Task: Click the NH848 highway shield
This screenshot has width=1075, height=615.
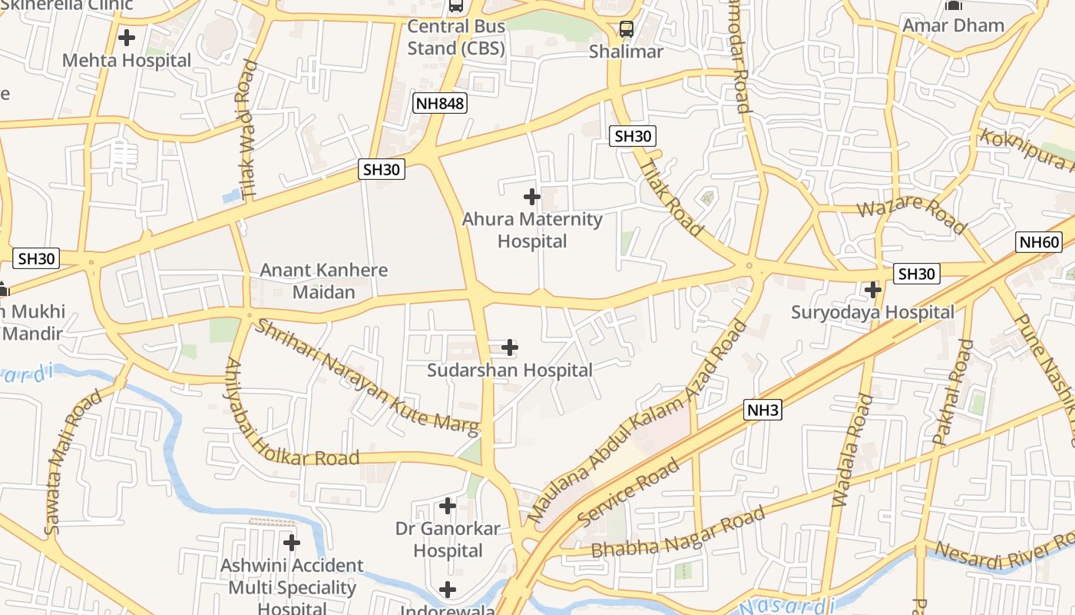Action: point(440,103)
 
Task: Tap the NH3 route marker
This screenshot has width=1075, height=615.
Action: point(762,411)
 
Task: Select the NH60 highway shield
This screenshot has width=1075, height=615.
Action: point(1039,243)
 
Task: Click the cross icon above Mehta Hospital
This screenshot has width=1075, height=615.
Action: point(127,37)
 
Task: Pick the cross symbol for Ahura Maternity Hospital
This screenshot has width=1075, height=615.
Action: point(531,197)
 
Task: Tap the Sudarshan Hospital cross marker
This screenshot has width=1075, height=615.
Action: point(510,347)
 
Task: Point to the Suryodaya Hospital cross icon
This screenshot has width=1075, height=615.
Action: point(872,290)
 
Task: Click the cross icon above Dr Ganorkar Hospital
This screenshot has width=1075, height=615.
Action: point(447,506)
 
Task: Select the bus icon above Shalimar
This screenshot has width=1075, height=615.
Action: point(627,29)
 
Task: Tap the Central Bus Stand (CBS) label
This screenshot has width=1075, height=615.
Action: point(456,37)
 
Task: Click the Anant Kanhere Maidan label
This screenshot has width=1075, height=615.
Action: point(323,281)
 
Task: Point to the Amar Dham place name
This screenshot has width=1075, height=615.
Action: point(953,25)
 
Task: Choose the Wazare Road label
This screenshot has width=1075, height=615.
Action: point(911,215)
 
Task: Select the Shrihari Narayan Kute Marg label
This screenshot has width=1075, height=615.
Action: point(366,377)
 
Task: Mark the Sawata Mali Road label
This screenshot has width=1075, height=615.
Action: point(73,461)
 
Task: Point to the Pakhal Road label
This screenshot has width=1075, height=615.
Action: point(952,392)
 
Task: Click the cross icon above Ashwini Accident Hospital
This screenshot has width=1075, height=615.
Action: point(291,543)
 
